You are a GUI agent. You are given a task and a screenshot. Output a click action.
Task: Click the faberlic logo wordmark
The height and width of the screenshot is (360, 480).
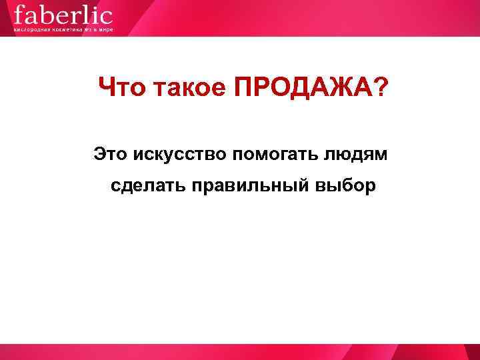[63, 15]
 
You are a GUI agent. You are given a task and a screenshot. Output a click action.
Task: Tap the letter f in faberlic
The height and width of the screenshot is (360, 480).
[19, 14]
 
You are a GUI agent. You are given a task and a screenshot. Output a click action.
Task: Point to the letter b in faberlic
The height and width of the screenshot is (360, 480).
[45, 14]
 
